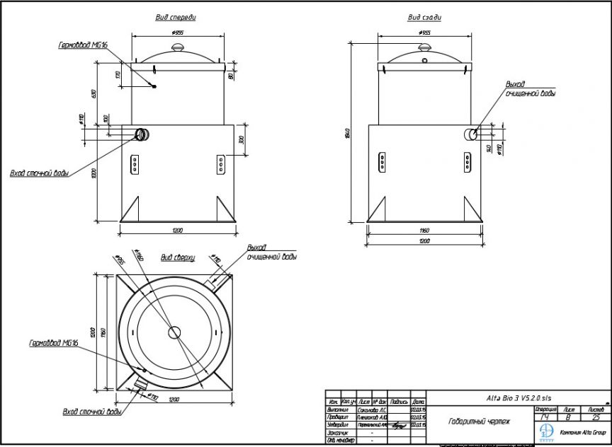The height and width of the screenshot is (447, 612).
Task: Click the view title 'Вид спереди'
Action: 176,17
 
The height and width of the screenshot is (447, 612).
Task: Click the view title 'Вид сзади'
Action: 424,17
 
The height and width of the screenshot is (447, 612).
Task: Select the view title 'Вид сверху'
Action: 177,258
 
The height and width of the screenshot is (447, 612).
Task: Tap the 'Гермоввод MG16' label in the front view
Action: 83,45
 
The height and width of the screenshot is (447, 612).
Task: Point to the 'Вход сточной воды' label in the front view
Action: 39,173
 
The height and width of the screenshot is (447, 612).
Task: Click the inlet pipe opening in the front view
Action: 142,134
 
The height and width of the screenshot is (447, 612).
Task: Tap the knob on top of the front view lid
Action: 177,47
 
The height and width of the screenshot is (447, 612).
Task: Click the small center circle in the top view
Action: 175,332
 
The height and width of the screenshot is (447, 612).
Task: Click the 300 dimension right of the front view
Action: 241,140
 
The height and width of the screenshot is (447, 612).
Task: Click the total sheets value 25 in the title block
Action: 594,418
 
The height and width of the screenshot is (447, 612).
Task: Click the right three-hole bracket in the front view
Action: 220,165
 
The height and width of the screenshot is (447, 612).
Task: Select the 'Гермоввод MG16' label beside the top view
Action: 53,343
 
